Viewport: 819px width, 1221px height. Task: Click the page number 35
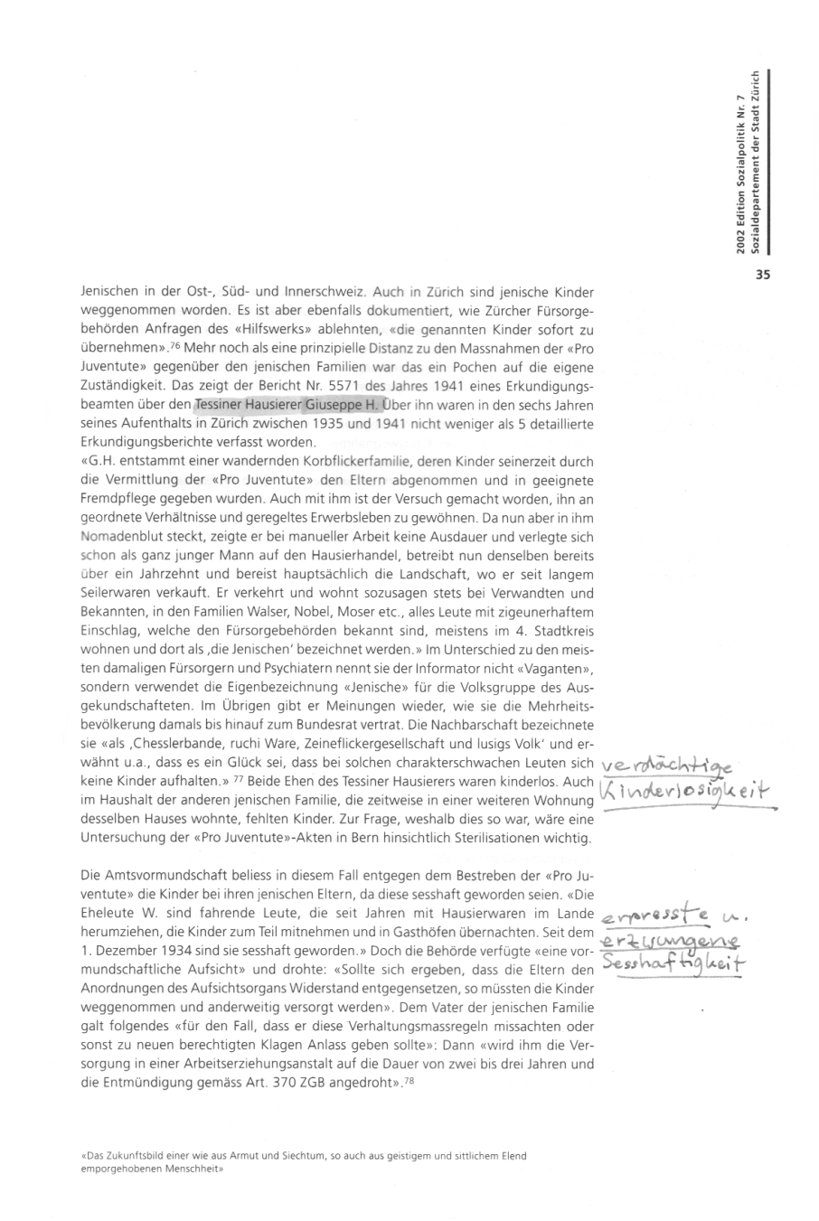[761, 277]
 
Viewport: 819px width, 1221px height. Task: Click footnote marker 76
[173, 346]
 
